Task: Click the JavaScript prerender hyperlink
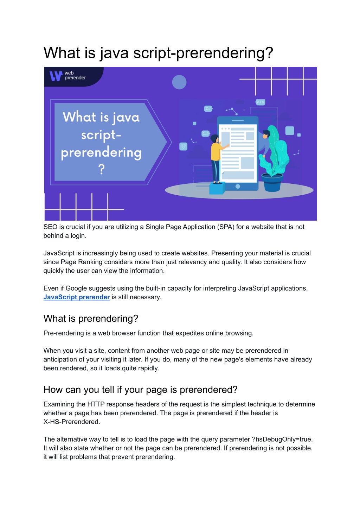pyautogui.click(x=77, y=297)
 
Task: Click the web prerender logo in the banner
pyautogui.click(x=67, y=76)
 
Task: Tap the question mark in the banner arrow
pyautogui.click(x=102, y=169)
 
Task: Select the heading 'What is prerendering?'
pyautogui.click(x=91, y=319)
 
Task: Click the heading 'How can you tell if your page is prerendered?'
pyautogui.click(x=140, y=390)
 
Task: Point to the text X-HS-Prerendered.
pyautogui.click(x=71, y=422)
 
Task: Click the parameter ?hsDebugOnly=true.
pyautogui.click(x=282, y=439)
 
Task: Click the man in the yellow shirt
pyautogui.click(x=216, y=155)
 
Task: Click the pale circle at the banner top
pyautogui.click(x=179, y=82)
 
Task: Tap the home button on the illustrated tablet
pyautogui.click(x=238, y=187)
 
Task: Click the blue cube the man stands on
pyautogui.click(x=217, y=188)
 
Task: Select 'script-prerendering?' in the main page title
pyautogui.click(x=203, y=53)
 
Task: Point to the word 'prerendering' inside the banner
pyautogui.click(x=101, y=153)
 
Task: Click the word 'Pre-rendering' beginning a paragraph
pyautogui.click(x=64, y=333)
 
